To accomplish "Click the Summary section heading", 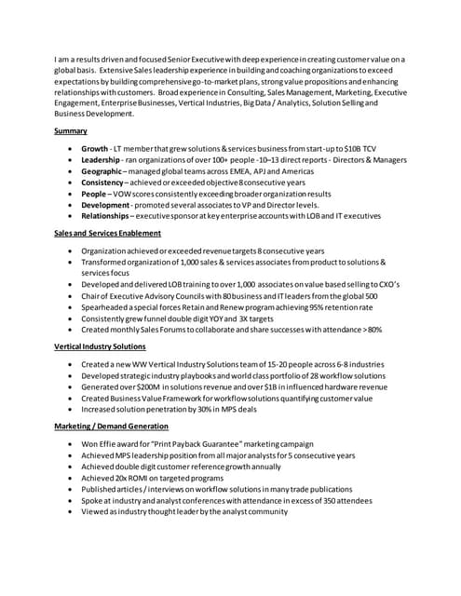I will coord(71,131).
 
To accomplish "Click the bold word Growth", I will coord(94,148).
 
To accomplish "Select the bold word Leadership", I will coord(101,160).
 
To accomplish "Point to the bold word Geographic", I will coord(102,171).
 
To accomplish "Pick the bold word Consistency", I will coord(102,183).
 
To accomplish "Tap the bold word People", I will coord(93,194).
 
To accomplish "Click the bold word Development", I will coord(105,205).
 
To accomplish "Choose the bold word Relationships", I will coord(107,216).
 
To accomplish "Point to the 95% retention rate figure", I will coord(316,306).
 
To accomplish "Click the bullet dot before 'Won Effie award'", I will coord(73,444).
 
